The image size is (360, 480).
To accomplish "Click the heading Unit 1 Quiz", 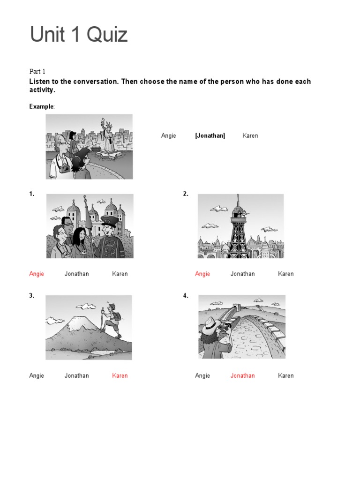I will (x=79, y=35).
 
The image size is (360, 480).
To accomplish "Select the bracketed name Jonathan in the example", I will (x=210, y=136).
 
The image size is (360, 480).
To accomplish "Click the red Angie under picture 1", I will (x=37, y=274).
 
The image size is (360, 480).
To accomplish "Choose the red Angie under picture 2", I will (x=202, y=274).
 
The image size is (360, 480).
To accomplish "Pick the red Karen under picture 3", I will (x=120, y=376).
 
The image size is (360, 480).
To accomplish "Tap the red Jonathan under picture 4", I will (x=242, y=376).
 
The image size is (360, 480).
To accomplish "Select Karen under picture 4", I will (x=286, y=376).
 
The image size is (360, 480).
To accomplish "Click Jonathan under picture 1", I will (x=76, y=274).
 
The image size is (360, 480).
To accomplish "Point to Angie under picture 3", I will (x=37, y=376).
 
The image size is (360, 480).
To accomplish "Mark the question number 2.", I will (x=186, y=194).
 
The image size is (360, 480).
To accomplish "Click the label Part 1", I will (x=37, y=71).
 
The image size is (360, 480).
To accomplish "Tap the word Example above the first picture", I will (x=42, y=106).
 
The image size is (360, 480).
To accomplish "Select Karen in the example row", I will (x=250, y=136).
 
